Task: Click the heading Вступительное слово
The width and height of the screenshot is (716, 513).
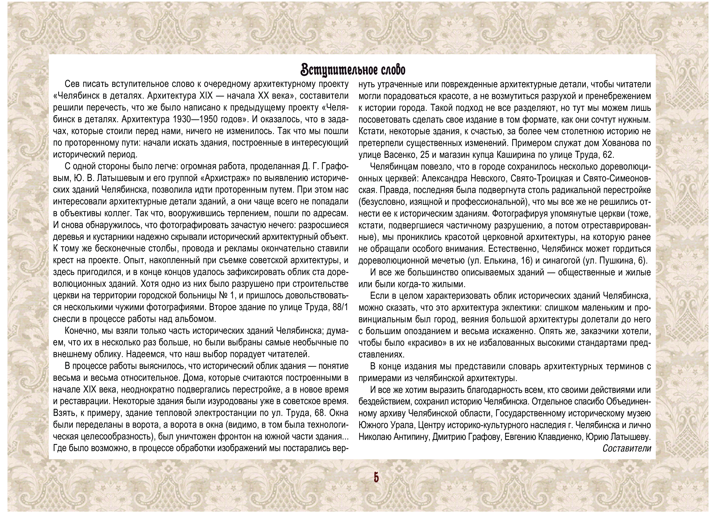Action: click(x=353, y=70)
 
